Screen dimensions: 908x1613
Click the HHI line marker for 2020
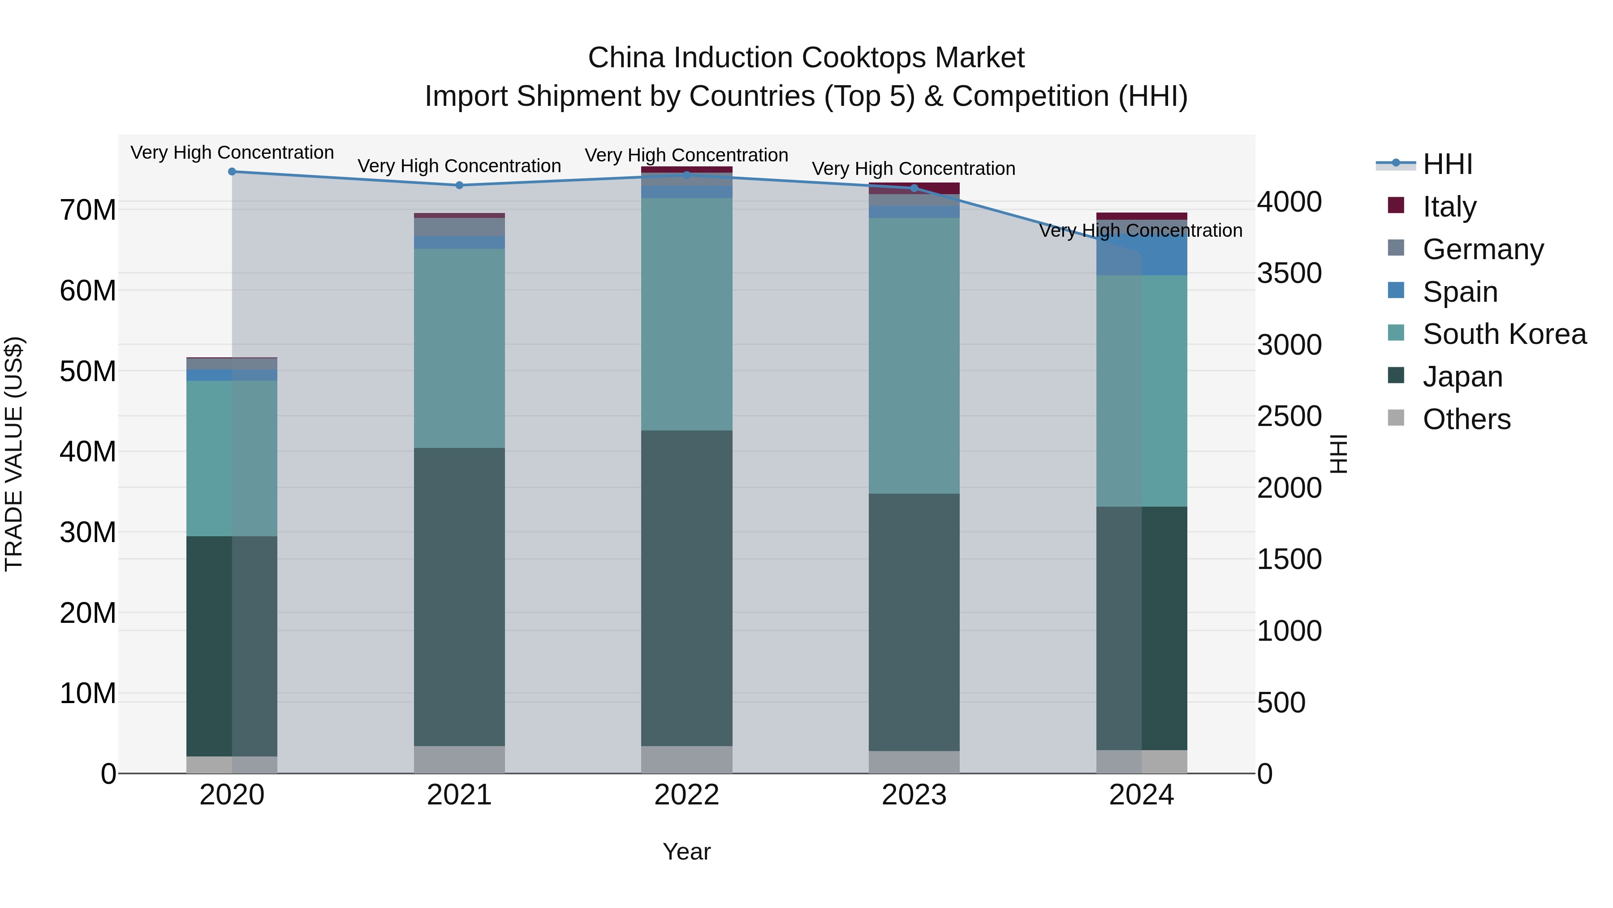click(232, 172)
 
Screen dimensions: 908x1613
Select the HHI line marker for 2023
click(914, 188)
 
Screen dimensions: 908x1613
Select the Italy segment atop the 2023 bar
click(914, 188)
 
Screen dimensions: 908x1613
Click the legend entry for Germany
click(1483, 249)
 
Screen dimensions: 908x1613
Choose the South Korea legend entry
click(1504, 334)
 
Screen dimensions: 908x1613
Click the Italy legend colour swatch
click(1396, 205)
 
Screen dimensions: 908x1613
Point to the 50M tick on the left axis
click(88, 372)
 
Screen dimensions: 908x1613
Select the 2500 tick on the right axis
click(1289, 417)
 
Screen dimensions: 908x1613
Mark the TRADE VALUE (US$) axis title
click(14, 454)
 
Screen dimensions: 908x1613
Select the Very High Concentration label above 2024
click(1140, 230)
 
